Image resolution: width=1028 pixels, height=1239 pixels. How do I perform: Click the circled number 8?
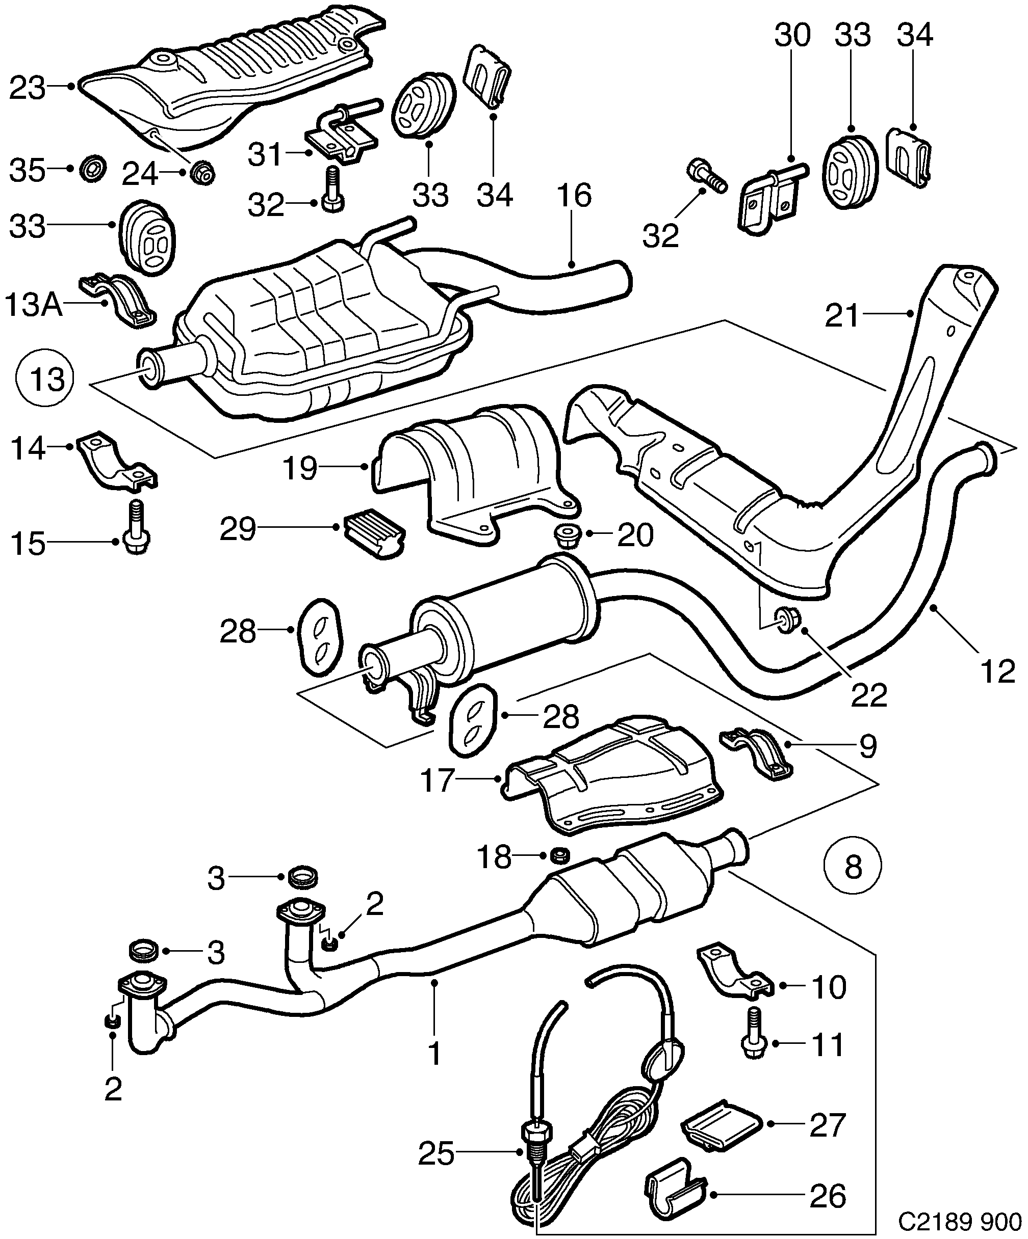click(x=853, y=867)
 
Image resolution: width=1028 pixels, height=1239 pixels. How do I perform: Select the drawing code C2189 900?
click(x=960, y=1221)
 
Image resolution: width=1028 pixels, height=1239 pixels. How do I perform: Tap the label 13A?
click(x=33, y=305)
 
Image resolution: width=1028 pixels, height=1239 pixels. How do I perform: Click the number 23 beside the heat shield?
click(x=28, y=89)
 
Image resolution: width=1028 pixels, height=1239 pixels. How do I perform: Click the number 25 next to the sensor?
click(x=436, y=1153)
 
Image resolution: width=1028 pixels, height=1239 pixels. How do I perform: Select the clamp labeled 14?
click(x=117, y=462)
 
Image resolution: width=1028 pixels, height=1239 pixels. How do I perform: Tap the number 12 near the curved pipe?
click(x=997, y=671)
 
